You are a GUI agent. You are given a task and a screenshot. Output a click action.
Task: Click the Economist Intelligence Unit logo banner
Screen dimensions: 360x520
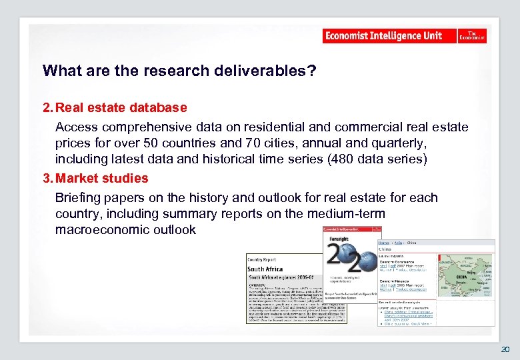click(x=390, y=36)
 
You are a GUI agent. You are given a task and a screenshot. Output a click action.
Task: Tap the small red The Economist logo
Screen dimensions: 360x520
click(x=472, y=36)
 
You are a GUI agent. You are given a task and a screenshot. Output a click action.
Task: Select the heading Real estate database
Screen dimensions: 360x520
click(x=121, y=107)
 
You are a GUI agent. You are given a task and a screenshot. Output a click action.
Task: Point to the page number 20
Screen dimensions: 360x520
click(x=505, y=349)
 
